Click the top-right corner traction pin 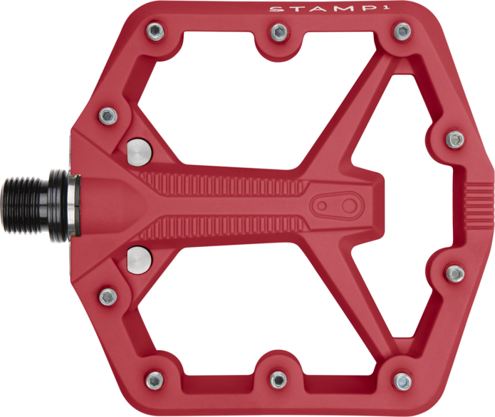[402, 32]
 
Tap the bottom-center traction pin [279, 379]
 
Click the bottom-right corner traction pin [402, 381]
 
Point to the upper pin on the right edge [455, 139]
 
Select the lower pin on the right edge [455, 273]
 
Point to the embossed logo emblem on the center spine [336, 205]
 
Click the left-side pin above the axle [108, 116]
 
